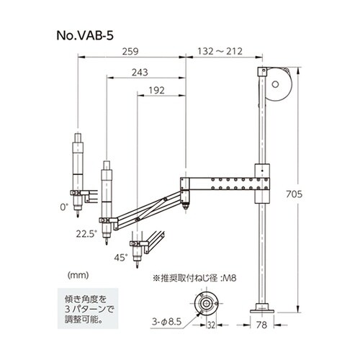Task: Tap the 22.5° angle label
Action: click(85, 232)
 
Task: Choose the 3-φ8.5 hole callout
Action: click(170, 314)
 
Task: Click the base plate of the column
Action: click(263, 307)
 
